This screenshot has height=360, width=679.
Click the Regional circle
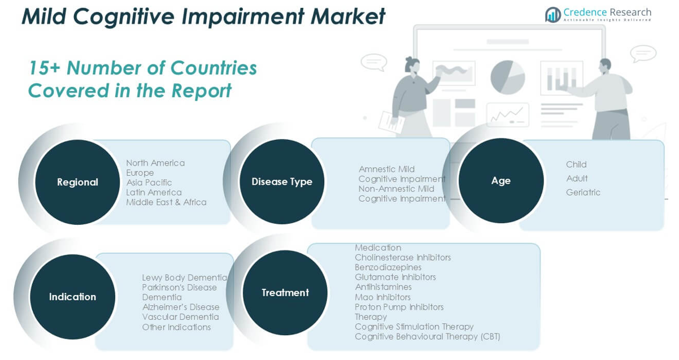pyautogui.click(x=77, y=182)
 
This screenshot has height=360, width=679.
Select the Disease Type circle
pyautogui.click(x=282, y=181)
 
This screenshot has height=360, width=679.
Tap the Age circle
pyautogui.click(x=501, y=180)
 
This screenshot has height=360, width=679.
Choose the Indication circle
pyautogui.click(x=72, y=297)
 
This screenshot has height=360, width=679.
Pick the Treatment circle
pyautogui.click(x=285, y=293)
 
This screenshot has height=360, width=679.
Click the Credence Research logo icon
pyautogui.click(x=553, y=15)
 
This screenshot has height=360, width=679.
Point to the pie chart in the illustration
pyautogui.click(x=507, y=77)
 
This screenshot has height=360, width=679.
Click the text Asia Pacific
pyautogui.click(x=149, y=183)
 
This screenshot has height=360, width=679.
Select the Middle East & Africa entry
pyautogui.click(x=166, y=202)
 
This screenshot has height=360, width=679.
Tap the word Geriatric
pyautogui.click(x=583, y=192)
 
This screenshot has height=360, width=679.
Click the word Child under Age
pyautogui.click(x=576, y=164)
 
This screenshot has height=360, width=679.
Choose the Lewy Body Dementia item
pyautogui.click(x=185, y=277)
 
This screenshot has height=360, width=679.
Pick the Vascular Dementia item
pyautogui.click(x=180, y=317)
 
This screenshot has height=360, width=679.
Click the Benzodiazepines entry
pyautogui.click(x=388, y=267)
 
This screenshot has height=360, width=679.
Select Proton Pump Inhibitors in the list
pyautogui.click(x=399, y=307)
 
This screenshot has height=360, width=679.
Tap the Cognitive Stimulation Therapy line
pyautogui.click(x=414, y=327)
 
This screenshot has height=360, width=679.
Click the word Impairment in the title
pyautogui.click(x=243, y=16)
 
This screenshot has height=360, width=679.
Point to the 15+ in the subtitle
pyautogui.click(x=45, y=67)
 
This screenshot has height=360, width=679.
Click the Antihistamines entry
pyautogui.click(x=383, y=287)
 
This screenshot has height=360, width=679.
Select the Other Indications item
pyautogui.click(x=176, y=327)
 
